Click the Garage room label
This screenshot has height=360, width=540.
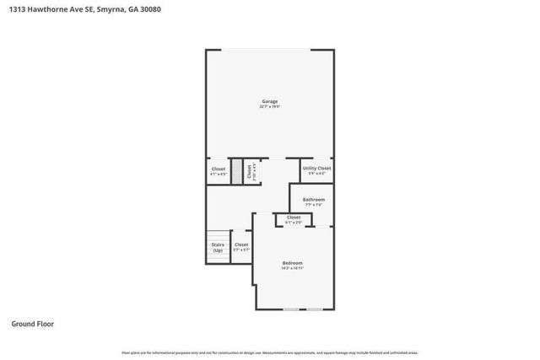click(269, 101)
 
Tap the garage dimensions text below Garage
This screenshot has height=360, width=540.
click(269, 107)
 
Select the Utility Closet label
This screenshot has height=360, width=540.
click(316, 168)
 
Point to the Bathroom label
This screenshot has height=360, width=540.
click(313, 199)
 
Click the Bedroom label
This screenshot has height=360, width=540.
click(293, 263)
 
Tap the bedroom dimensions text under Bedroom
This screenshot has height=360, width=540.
click(293, 269)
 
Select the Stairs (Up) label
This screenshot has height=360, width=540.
click(218, 247)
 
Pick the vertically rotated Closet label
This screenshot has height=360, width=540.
click(249, 169)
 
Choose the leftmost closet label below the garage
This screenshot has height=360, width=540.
click(219, 168)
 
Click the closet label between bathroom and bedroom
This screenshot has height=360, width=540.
click(294, 218)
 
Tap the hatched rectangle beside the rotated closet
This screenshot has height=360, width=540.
click(238, 170)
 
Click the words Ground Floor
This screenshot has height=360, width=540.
click(33, 323)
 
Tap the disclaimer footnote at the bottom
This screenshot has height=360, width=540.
click(269, 352)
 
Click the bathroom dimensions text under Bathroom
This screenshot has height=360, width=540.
click(313, 205)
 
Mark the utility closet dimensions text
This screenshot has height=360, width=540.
click(316, 174)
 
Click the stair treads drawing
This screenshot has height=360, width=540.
click(218, 235)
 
